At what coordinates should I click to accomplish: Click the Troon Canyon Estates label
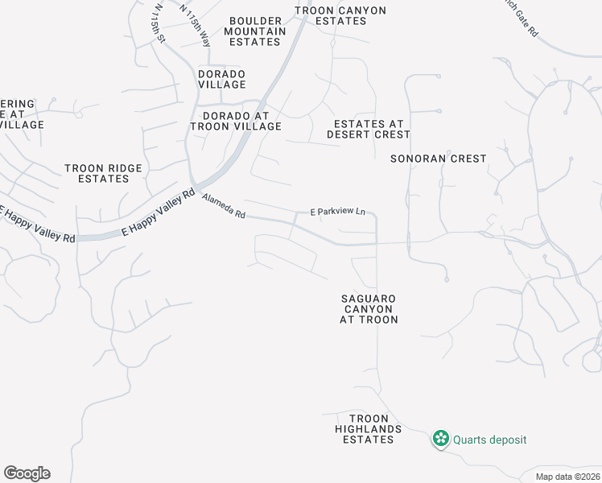[340, 15]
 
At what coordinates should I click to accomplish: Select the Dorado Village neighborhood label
[222, 79]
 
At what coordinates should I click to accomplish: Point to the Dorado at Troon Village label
[236, 121]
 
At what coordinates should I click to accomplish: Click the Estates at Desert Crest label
[369, 129]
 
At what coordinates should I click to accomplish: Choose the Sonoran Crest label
[439, 159]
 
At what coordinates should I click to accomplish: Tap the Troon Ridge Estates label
[104, 173]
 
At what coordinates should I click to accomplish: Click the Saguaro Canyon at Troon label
[369, 309]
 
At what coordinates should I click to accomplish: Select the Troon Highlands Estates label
[369, 429]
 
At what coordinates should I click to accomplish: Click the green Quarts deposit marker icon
[441, 439]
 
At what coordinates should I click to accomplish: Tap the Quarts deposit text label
[489, 440]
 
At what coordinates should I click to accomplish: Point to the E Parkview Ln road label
[338, 213]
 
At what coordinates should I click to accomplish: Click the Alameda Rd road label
[225, 208]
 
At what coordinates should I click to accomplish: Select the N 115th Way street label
[196, 25]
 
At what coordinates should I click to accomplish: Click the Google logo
[27, 473]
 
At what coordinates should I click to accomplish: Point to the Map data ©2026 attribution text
[567, 477]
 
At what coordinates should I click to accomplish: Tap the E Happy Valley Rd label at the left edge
[37, 225]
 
